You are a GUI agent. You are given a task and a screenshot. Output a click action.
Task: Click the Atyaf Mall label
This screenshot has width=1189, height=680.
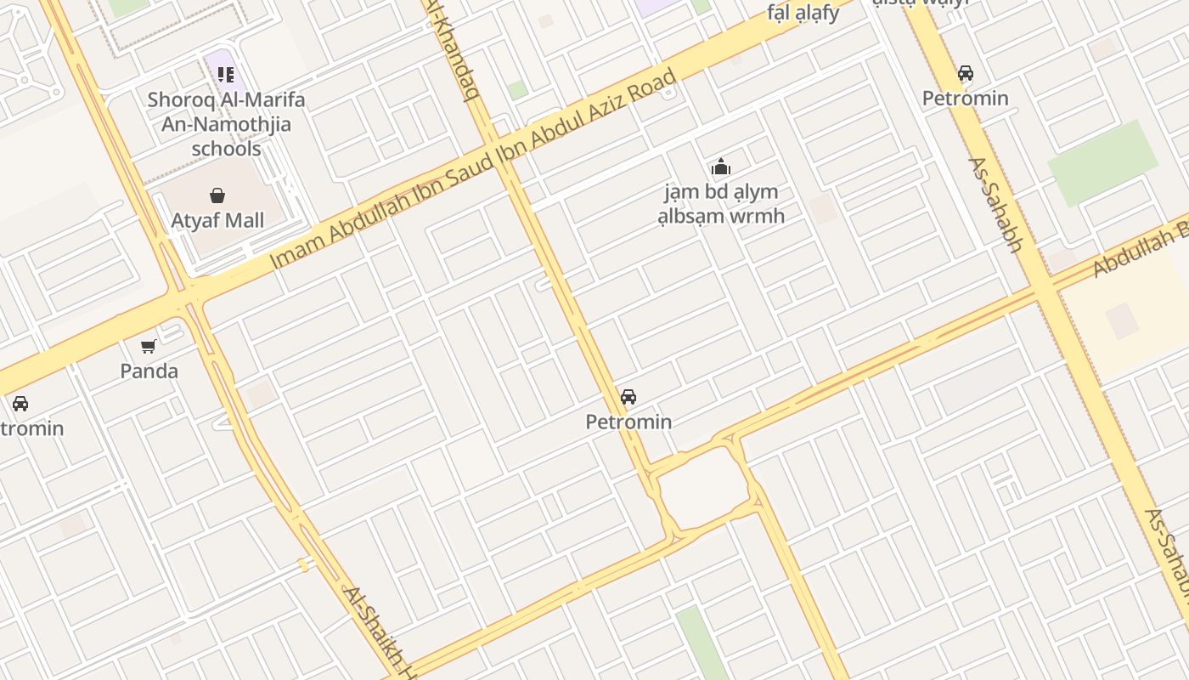pos(217,220)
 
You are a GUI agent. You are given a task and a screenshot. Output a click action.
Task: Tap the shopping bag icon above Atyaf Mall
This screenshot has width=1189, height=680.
pos(217,195)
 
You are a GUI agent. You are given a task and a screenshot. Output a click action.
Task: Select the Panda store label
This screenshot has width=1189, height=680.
pos(149,371)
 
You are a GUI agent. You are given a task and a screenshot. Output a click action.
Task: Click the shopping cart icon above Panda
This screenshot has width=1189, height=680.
pos(149,346)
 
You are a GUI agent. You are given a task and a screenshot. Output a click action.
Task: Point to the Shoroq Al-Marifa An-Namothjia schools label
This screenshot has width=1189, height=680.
pos(226,124)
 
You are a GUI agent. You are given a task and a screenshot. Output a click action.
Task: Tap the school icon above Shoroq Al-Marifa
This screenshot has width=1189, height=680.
pos(225,75)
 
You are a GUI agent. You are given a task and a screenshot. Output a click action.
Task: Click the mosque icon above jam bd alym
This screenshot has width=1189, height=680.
pos(721,167)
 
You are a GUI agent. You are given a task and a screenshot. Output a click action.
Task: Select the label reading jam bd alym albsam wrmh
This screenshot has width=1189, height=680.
pos(721,204)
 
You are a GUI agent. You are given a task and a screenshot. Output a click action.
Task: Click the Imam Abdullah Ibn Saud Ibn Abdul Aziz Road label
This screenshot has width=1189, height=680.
pos(473,169)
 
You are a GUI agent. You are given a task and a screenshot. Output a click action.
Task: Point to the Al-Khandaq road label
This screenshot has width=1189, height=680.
pos(453,47)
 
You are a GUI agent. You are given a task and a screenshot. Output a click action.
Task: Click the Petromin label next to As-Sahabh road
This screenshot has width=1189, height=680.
pos(966,98)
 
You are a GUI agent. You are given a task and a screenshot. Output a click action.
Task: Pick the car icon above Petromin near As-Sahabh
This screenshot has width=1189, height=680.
pos(966,73)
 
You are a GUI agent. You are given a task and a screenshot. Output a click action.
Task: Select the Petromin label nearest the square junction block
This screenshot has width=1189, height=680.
pos(628,422)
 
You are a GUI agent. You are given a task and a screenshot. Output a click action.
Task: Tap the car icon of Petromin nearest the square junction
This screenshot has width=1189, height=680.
pos(628,397)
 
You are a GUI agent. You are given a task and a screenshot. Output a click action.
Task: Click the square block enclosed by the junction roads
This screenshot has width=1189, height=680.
pos(702,487)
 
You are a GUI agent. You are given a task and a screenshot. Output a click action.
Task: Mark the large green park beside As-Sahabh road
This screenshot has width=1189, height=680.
pos(1102,162)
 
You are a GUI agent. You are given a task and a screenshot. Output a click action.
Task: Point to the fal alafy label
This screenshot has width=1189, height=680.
pos(803,12)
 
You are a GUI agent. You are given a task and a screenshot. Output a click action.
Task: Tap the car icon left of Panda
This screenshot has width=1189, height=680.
pos(20,403)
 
